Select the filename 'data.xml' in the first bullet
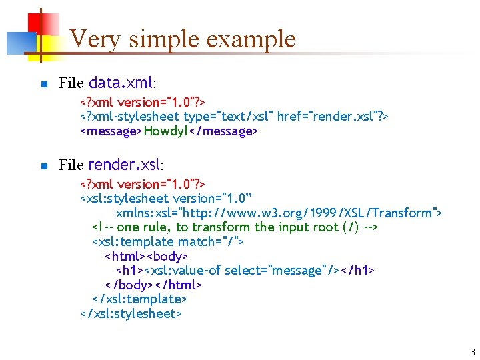121,83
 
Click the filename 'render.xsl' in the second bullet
125,164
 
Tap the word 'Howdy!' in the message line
166,131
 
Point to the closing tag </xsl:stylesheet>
131,313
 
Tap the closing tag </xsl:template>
139,299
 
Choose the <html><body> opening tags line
147,256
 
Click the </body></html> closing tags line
153,285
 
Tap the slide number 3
472,352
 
